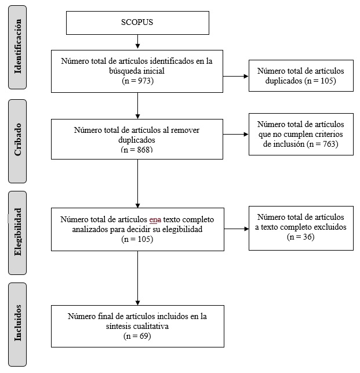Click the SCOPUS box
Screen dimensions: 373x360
coord(137,23)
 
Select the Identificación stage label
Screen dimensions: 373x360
coord(18,46)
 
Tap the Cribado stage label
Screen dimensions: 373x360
coord(18,141)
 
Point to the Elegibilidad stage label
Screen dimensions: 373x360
coord(18,232)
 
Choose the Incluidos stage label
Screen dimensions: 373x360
coord(18,324)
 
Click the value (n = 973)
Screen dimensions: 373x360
coord(137,81)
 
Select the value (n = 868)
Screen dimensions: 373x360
coord(137,150)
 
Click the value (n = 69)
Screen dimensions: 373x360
coord(137,335)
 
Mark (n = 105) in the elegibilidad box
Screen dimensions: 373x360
coord(137,238)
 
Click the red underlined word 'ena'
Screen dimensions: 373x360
coord(155,220)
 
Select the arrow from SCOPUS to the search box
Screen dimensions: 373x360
coord(137,41)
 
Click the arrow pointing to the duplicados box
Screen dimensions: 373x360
coord(236,75)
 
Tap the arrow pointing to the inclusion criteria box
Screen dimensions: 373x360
coord(236,135)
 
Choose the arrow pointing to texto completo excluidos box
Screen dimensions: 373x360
coord(236,229)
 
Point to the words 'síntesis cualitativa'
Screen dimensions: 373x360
coord(137,326)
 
